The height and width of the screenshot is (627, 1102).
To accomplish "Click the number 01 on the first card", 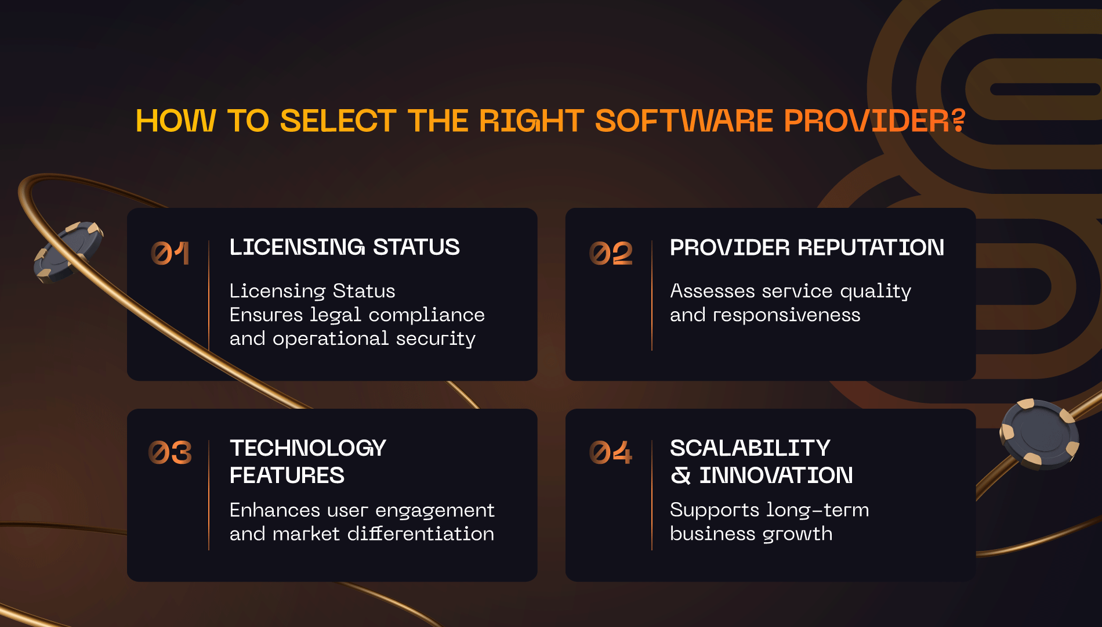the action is pos(170,254).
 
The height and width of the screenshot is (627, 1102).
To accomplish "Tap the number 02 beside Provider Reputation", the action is pos(611,254).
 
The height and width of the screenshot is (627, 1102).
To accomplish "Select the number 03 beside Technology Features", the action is pos(170,453).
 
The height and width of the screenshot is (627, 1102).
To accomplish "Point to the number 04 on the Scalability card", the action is pos(611,453).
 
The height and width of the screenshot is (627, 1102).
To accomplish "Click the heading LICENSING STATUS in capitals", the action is pos(345,247).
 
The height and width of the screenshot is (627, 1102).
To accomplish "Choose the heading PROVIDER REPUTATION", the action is pos(807,247).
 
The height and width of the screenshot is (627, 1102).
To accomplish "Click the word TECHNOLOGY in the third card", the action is pos(308,448).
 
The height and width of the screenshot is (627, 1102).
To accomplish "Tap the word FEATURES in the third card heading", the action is pos(287,475).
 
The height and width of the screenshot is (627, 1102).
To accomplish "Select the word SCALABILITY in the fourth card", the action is pos(750,448).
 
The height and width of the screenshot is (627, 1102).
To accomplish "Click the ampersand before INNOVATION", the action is pos(681,475).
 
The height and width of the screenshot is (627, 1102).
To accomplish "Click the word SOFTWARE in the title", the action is pos(684,121).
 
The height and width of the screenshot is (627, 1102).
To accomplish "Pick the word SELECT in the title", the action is pos(338,121).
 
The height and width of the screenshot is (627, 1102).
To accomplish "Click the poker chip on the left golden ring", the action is pos(68,251).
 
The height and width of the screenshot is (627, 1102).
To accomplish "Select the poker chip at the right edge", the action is pos(1039,434).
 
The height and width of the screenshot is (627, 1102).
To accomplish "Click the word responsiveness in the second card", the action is pos(786,315).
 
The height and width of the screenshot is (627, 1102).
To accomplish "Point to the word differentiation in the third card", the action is pos(420,534).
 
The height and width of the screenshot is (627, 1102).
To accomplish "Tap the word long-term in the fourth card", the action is pos(818,510).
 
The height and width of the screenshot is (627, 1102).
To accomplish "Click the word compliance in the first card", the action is pos(426,315).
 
